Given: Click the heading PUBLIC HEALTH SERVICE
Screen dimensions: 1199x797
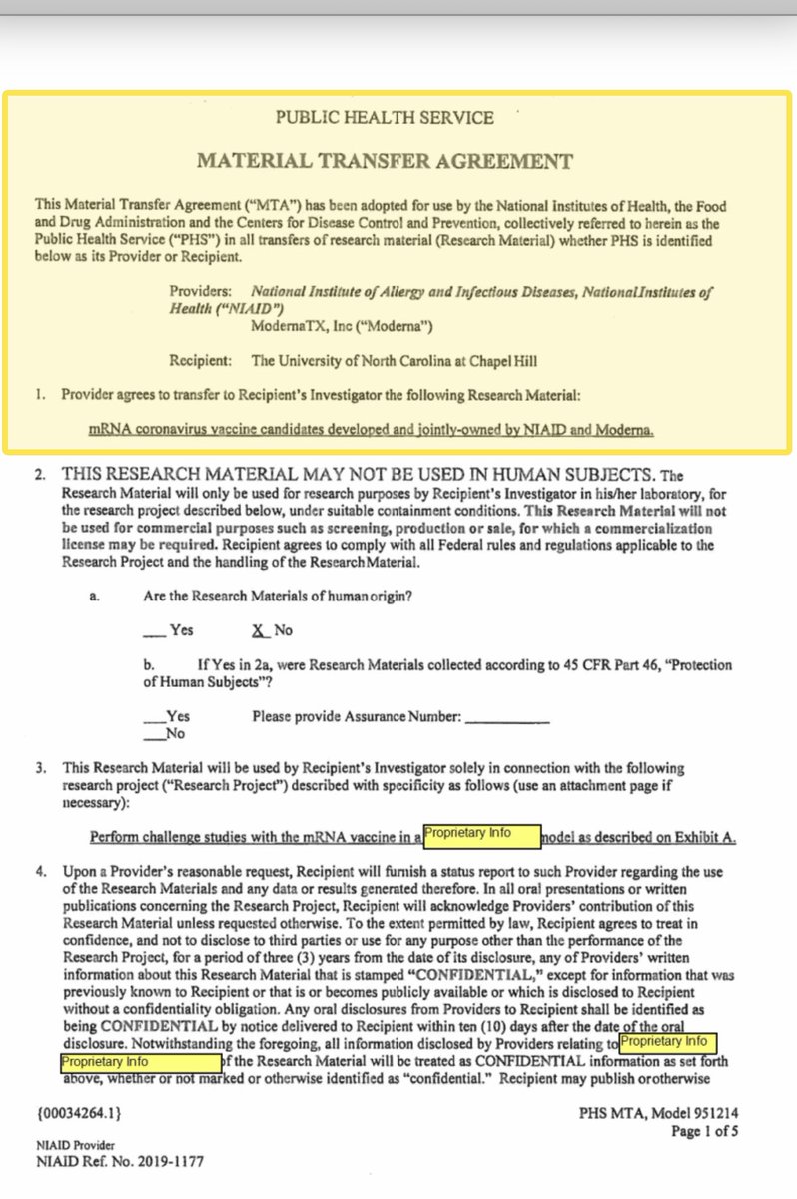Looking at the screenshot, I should pyautogui.click(x=385, y=118).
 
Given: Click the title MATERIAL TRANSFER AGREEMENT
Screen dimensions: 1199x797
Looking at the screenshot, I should pyautogui.click(x=385, y=161).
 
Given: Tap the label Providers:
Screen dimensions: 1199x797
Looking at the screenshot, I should pyautogui.click(x=205, y=292).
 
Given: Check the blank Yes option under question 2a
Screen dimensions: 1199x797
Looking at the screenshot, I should pyautogui.click(x=153, y=630).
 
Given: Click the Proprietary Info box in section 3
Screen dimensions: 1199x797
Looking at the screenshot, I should pyautogui.click(x=481, y=836).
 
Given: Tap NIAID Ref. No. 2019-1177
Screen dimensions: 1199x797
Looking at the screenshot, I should pyautogui.click(x=120, y=1162).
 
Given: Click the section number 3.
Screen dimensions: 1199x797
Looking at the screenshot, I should pyautogui.click(x=41, y=769).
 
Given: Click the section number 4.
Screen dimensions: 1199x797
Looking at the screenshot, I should pyautogui.click(x=41, y=872).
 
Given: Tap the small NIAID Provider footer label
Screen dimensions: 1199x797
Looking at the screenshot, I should pyautogui.click(x=76, y=1145).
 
